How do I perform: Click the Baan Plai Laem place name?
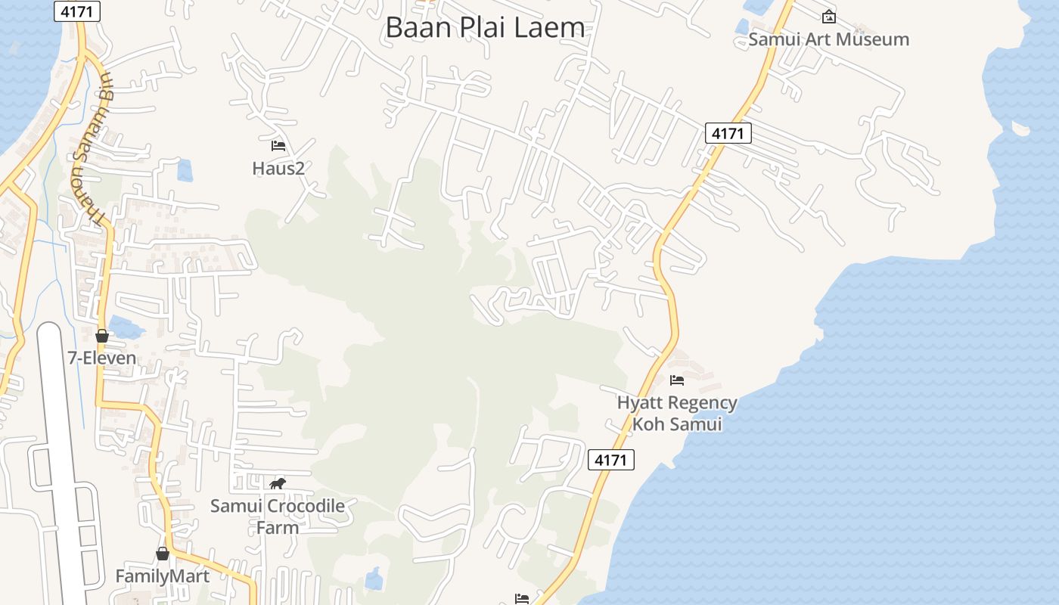click(x=485, y=27)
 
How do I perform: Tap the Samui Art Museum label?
click(x=828, y=39)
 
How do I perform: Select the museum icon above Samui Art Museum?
click(x=829, y=16)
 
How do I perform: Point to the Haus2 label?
click(x=278, y=168)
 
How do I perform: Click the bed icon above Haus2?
click(x=278, y=145)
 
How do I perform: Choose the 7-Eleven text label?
click(x=102, y=358)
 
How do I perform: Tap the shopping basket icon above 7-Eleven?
click(x=102, y=336)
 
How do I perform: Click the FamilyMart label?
click(x=162, y=576)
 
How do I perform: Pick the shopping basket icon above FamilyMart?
click(x=163, y=554)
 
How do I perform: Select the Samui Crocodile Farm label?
click(x=278, y=516)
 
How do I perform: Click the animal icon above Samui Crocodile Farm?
click(x=278, y=484)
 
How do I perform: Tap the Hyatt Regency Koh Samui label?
click(x=677, y=413)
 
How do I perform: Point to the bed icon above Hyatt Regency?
click(x=677, y=380)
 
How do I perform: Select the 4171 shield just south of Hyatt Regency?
click(x=610, y=459)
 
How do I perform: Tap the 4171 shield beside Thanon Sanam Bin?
click(x=77, y=11)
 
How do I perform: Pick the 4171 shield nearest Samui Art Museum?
click(x=728, y=133)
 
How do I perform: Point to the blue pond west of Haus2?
click(x=185, y=170)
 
